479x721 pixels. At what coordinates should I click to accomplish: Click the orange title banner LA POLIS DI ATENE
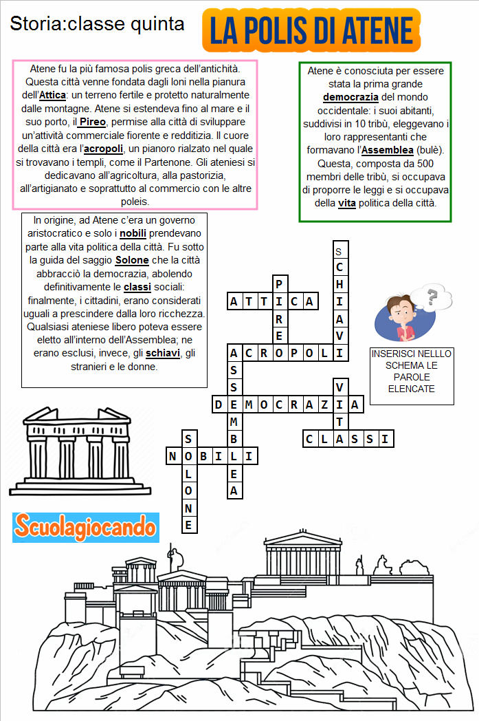pyautogui.click(x=312, y=30)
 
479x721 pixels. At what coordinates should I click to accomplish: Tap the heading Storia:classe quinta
pyautogui.click(x=97, y=24)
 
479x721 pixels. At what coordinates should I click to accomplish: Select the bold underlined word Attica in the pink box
pyautogui.click(x=52, y=95)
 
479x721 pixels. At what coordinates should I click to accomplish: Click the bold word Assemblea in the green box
pyautogui.click(x=388, y=150)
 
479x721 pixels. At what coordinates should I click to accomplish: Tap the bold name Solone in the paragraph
pyautogui.click(x=132, y=260)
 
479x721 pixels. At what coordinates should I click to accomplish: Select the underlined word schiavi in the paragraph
pyautogui.click(x=161, y=353)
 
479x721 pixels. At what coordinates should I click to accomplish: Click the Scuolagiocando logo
pyautogui.click(x=86, y=528)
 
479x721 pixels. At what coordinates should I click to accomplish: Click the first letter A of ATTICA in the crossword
pyautogui.click(x=234, y=301)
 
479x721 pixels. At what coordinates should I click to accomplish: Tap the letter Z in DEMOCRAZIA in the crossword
pyautogui.click(x=324, y=405)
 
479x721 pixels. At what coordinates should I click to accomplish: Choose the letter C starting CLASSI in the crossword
pyautogui.click(x=310, y=438)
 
